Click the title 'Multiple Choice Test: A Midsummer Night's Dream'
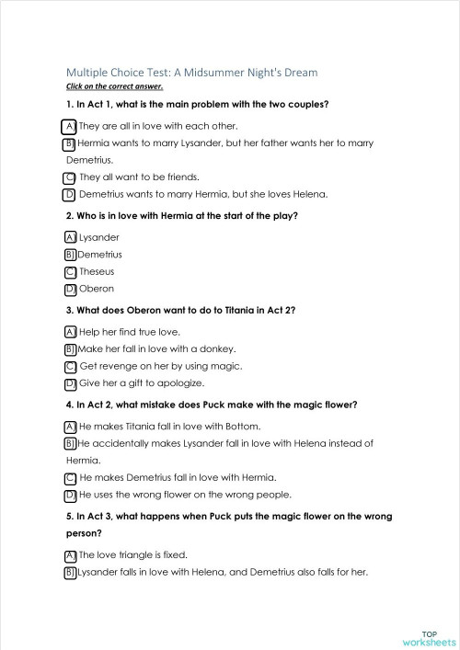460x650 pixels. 191,72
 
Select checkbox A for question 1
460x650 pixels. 70,126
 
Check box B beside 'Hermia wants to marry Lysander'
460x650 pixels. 70,144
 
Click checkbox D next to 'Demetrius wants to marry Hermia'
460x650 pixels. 70,194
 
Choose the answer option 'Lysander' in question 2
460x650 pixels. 99,237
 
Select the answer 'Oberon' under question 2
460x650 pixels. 97,289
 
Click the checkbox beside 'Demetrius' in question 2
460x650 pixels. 70,255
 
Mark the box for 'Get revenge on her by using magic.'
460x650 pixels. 70,366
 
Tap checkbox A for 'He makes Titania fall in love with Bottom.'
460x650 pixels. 70,427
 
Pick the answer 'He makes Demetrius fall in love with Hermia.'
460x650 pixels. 178,477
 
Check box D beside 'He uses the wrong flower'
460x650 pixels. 70,495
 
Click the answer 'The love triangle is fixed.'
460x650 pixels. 133,554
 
